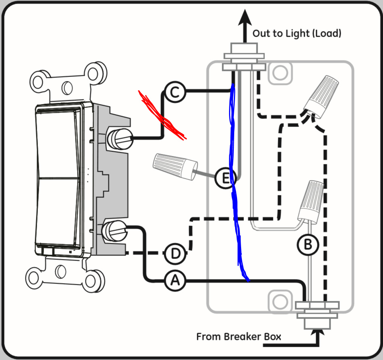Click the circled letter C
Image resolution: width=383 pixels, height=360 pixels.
[x=174, y=93]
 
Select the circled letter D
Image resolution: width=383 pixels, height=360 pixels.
[x=175, y=254]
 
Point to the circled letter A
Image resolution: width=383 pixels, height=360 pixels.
[x=175, y=280]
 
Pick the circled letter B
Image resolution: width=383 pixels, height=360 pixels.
[x=308, y=244]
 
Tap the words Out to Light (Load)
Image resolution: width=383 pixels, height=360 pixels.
[x=297, y=33]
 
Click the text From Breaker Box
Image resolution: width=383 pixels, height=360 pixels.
[x=239, y=336]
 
